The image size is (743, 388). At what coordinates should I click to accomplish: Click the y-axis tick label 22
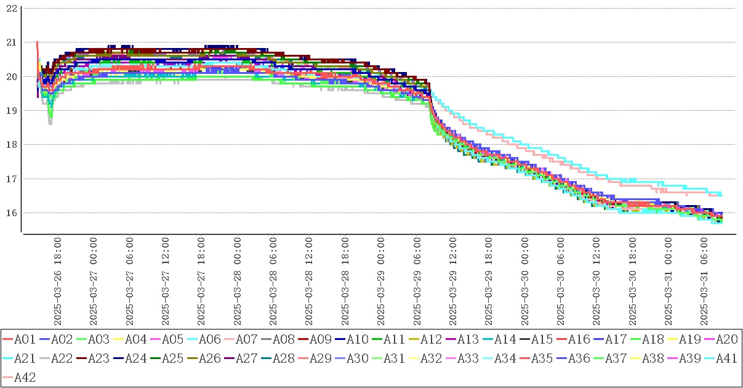[11, 8]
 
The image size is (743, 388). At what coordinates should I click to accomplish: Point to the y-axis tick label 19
[11, 110]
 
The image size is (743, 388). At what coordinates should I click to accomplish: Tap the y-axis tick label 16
[11, 212]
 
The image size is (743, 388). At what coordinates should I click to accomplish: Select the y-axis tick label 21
[11, 42]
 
